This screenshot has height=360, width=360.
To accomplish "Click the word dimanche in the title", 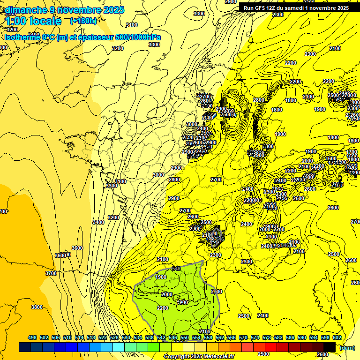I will (x=26, y=10).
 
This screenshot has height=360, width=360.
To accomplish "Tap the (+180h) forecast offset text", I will (x=83, y=21).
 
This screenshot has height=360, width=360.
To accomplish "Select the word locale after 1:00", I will (x=45, y=21).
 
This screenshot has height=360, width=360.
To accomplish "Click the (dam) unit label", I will (x=347, y=348).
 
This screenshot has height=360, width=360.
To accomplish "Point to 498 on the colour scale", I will (x=32, y=337).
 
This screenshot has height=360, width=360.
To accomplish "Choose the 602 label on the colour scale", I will (x=337, y=337).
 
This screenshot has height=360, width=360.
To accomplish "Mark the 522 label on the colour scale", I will (x=103, y=337).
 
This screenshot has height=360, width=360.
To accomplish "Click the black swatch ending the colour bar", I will (x=329, y=347).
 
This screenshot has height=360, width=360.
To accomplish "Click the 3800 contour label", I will (x=37, y=307).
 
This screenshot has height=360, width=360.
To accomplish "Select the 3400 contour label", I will (x=98, y=222).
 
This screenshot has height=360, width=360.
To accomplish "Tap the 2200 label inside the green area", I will (x=163, y=308).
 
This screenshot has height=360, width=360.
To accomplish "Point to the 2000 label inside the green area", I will (x=166, y=294).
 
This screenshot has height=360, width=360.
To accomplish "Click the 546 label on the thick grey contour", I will (x=176, y=269).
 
